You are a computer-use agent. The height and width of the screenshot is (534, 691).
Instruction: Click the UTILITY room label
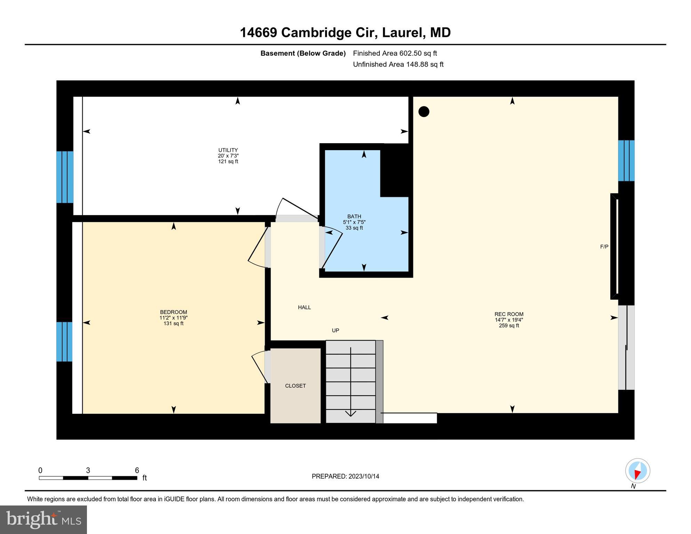coord(228,150)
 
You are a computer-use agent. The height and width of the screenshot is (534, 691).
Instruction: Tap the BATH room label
coord(354,217)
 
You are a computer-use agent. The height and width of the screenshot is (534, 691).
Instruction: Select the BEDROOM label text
coord(173,312)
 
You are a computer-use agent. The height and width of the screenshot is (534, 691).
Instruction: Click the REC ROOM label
coord(509,314)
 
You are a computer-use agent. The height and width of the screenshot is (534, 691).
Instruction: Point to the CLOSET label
coord(295,386)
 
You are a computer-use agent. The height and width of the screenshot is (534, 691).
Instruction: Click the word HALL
coord(304,307)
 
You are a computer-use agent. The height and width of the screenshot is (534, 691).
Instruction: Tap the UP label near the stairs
coord(335,331)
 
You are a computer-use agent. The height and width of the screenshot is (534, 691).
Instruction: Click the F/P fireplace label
coord(604,247)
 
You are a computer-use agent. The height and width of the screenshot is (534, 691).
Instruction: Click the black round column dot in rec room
coord(424,112)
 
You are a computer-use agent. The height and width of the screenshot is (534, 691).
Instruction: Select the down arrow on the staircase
coord(351,413)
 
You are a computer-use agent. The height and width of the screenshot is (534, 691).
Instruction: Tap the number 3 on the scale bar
coord(88,470)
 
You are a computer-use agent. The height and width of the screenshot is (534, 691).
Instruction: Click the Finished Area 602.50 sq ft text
coord(395,53)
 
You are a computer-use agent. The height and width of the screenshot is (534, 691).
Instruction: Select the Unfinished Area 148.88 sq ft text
coord(398,64)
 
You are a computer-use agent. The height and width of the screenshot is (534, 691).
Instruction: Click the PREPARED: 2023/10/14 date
coord(345,476)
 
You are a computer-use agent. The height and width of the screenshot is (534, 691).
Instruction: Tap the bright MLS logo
coord(43,519)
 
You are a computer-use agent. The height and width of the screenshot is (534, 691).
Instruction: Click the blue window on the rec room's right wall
coord(626,161)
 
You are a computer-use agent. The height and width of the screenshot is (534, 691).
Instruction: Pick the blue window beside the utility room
coord(65,177)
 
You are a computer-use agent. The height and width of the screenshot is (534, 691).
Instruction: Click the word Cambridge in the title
coord(316,33)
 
